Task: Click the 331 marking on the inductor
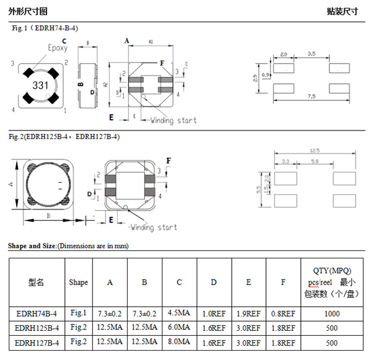tap(40, 85)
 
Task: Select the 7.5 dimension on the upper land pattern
tap(311, 97)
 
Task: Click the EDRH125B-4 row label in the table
tap(37, 327)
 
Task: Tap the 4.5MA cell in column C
tap(179, 313)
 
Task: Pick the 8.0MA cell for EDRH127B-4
tap(179, 342)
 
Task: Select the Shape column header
tap(78, 282)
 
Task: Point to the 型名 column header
tap(37, 282)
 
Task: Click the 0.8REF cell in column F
tap(283, 313)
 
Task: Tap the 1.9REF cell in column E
tap(248, 313)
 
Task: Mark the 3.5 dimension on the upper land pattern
tap(311, 55)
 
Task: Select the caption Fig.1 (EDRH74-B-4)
tap(45, 27)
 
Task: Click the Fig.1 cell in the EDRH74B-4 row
tap(78, 312)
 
